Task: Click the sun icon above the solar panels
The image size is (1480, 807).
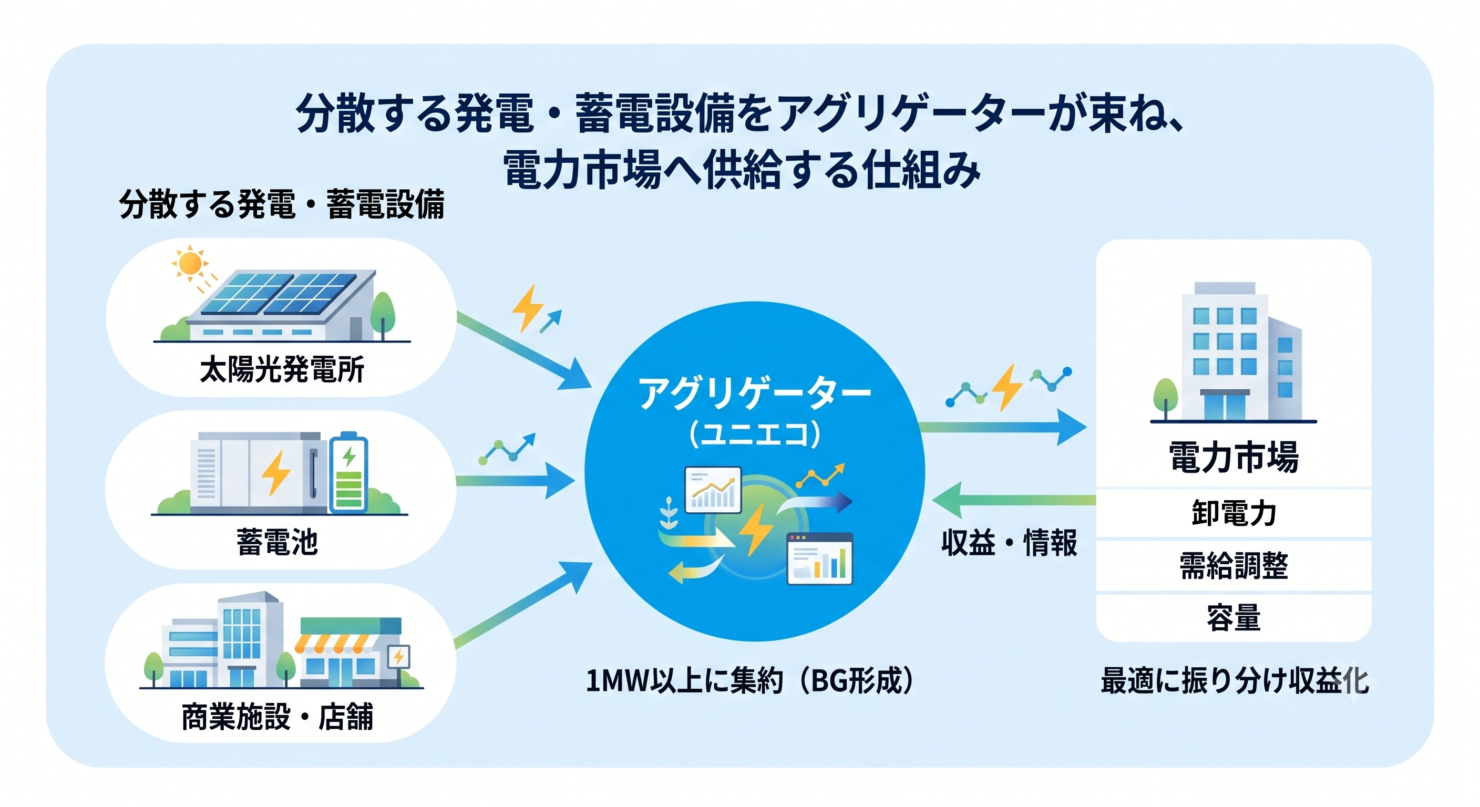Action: click(190, 264)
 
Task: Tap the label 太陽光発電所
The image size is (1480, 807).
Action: click(282, 369)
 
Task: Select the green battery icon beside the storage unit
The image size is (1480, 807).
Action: click(348, 472)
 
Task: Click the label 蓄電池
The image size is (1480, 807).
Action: click(277, 542)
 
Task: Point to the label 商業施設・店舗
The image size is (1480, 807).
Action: click(277, 716)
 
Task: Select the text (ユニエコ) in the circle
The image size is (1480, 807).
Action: click(754, 434)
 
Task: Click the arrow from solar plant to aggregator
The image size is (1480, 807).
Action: click(524, 350)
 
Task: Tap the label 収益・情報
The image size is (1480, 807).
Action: click(1009, 542)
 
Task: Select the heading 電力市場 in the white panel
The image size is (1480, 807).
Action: click(1234, 457)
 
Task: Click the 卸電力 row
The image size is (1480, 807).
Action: click(1234, 513)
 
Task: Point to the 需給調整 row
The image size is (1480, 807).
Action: click(1234, 566)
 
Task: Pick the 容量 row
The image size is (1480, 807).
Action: click(1234, 618)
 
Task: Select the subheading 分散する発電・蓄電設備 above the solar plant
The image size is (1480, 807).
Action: click(282, 204)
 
